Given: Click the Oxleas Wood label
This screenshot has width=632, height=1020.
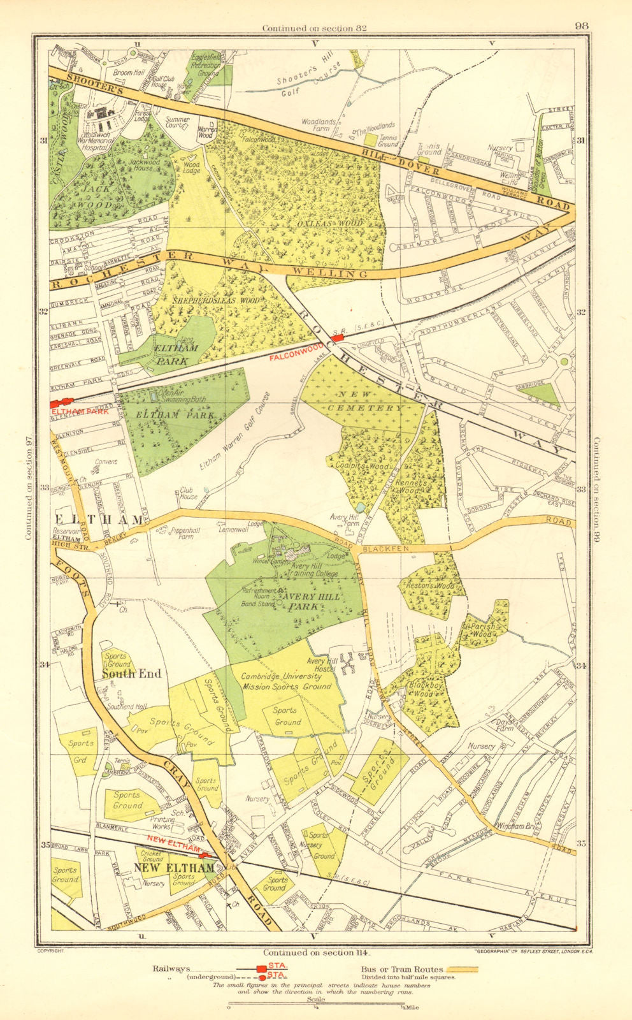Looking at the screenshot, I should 338,224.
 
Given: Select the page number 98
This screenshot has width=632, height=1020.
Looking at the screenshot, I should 581,26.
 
